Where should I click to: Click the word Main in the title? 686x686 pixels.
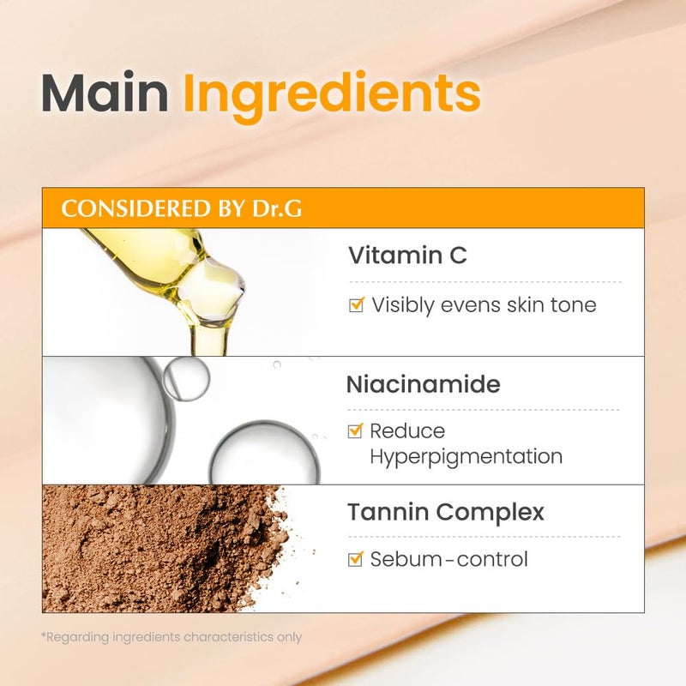104,94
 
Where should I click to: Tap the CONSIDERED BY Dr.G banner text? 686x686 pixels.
182,209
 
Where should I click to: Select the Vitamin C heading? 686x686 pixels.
407,255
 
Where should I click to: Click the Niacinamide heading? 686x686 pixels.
423,384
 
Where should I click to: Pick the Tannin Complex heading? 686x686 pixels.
446,513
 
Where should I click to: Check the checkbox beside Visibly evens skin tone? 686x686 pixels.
357,304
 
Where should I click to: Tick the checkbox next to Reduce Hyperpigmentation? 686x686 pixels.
357,431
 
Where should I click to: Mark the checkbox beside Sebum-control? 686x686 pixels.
357,560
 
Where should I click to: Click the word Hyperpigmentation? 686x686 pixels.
466,456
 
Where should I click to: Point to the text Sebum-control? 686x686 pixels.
448,560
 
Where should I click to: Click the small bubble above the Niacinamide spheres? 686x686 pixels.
186,377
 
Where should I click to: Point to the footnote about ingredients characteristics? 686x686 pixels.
171,637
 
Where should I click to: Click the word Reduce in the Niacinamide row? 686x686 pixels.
407,431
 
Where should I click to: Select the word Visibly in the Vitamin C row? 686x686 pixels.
403,304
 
